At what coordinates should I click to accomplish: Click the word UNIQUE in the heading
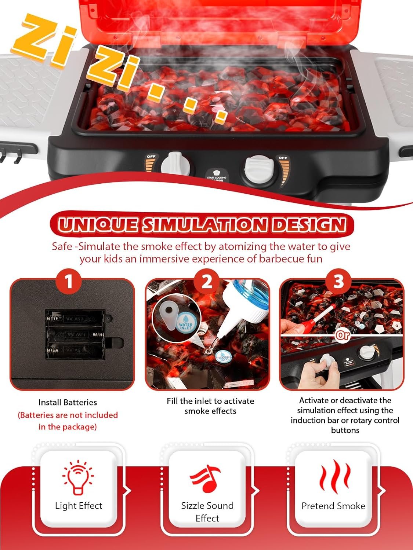click(x=98, y=224)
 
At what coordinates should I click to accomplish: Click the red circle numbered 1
click(x=69, y=282)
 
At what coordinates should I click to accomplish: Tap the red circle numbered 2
click(x=207, y=282)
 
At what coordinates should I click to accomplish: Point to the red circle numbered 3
click(x=338, y=282)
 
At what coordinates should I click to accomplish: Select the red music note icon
click(x=206, y=478)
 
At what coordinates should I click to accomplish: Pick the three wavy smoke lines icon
click(x=335, y=477)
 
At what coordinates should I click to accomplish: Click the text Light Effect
click(x=79, y=506)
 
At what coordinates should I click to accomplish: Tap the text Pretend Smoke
click(x=333, y=506)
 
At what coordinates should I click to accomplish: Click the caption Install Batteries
click(x=68, y=402)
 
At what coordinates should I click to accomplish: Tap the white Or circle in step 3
click(x=343, y=335)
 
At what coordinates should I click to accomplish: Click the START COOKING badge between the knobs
click(x=217, y=175)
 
